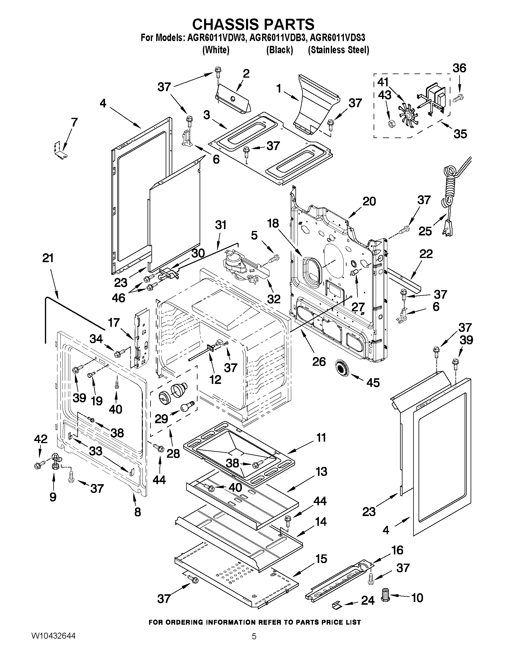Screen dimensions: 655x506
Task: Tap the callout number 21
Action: click(x=48, y=258)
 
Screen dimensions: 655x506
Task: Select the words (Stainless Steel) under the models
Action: click(x=339, y=50)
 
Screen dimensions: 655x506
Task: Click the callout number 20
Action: click(x=369, y=201)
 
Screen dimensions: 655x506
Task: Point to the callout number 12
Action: click(x=215, y=380)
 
